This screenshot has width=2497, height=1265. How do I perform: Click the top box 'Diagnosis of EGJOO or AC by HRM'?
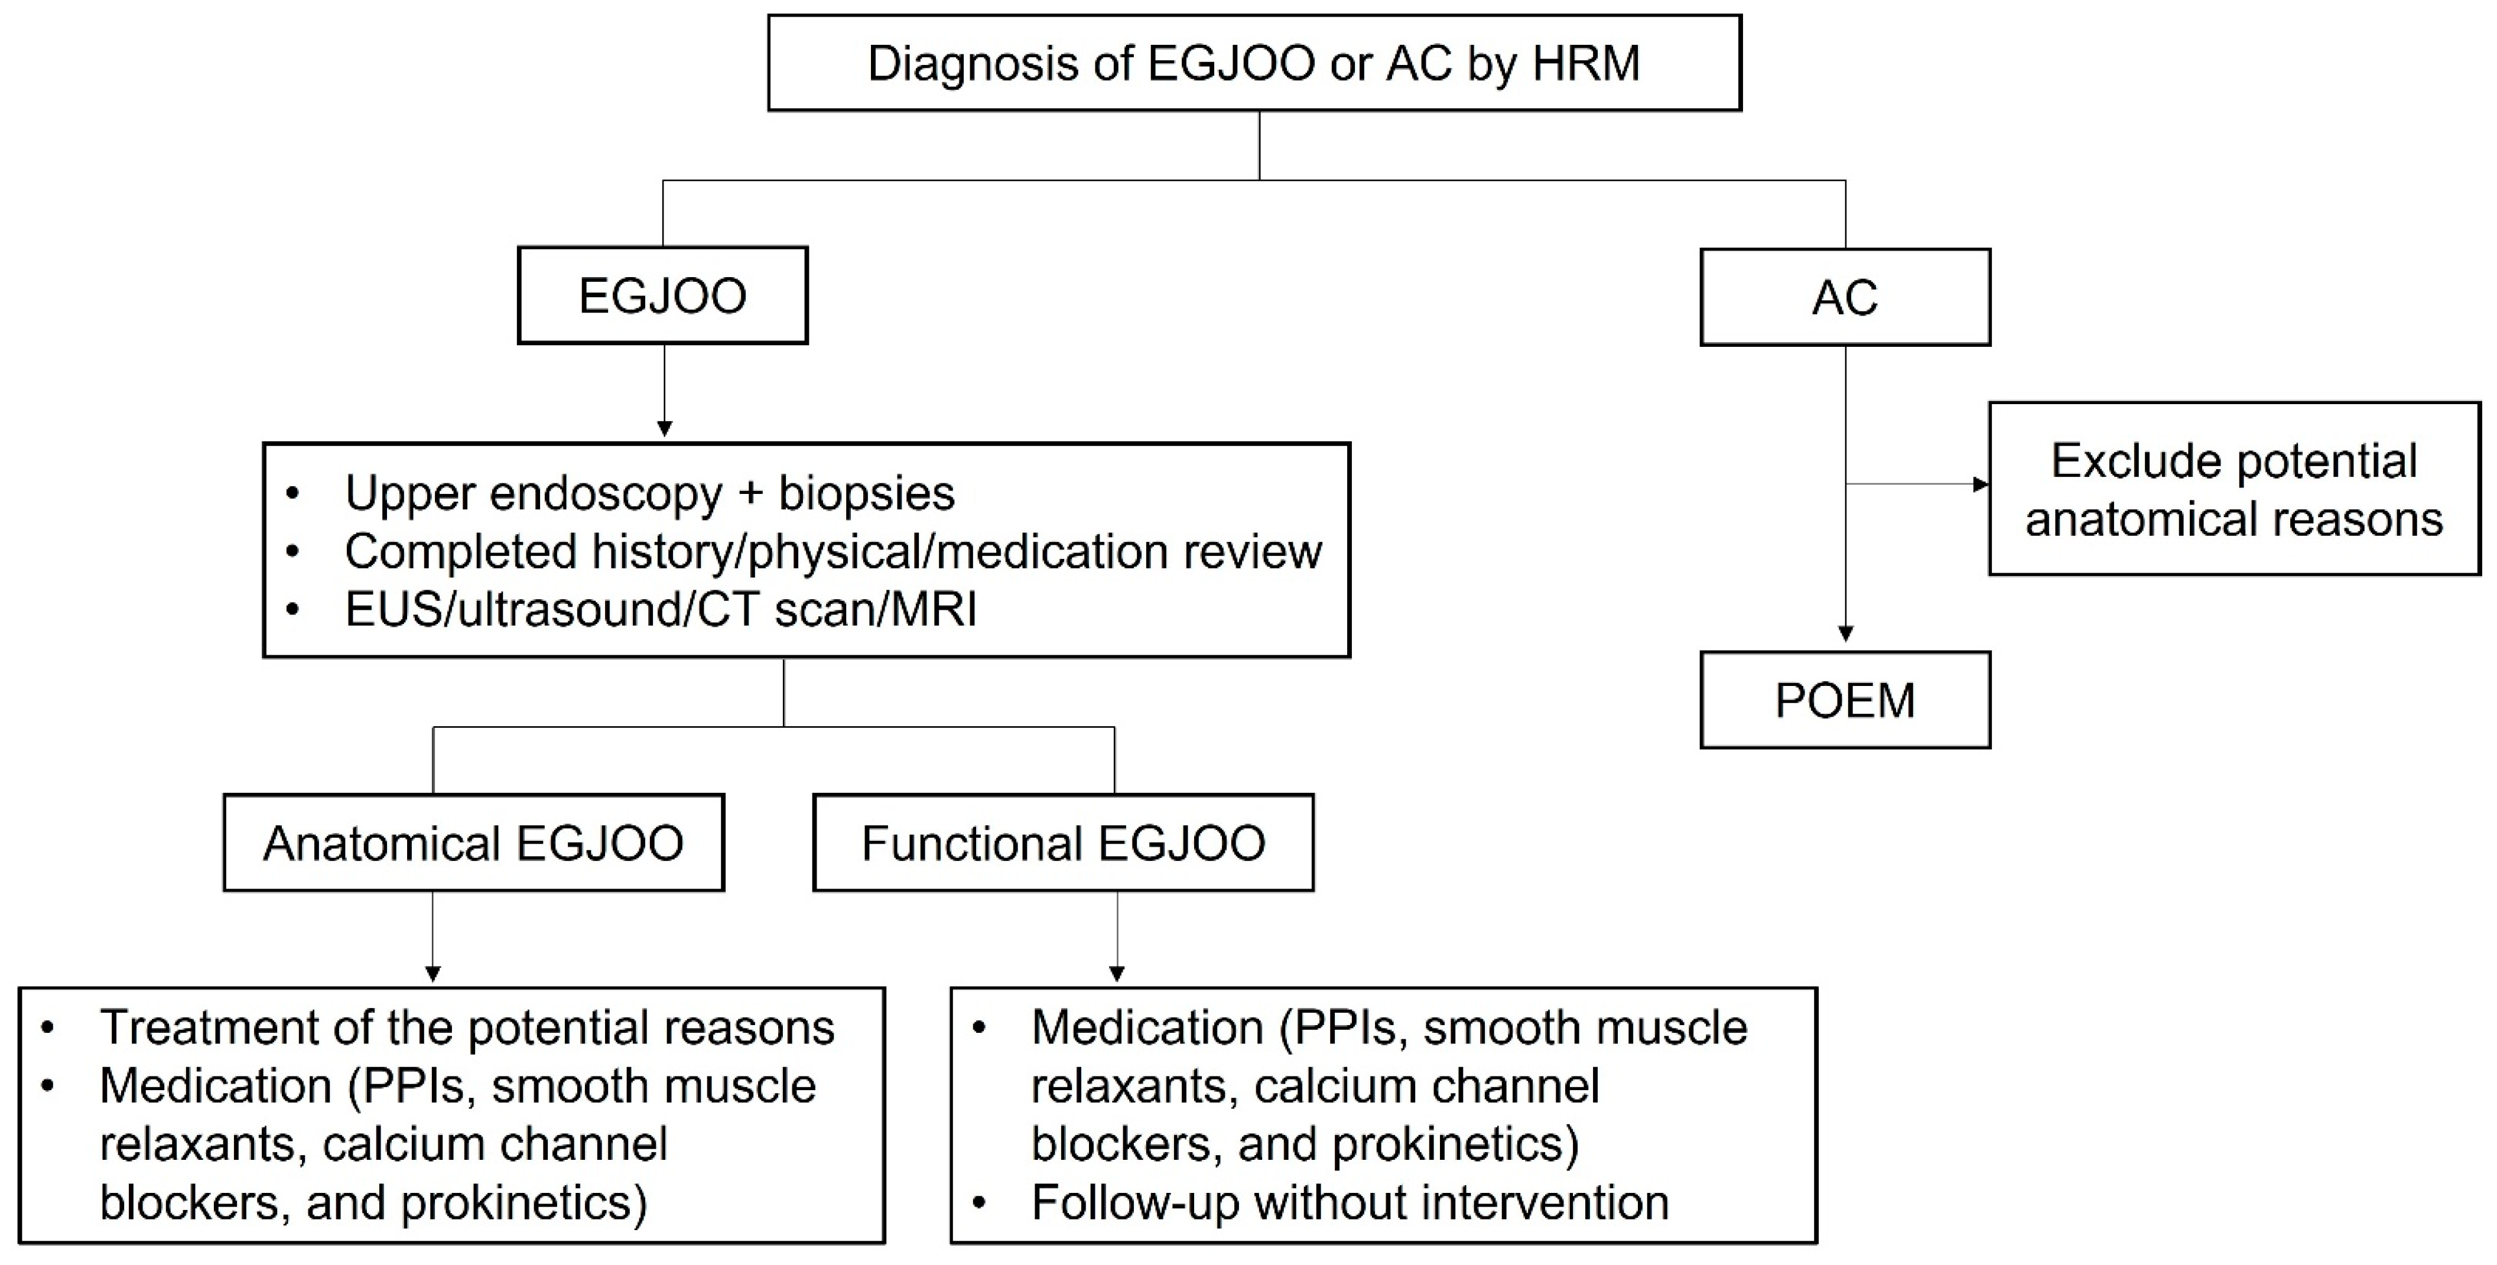1254,63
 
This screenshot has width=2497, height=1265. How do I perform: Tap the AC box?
1845,298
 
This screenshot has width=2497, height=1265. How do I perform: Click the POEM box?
1845,700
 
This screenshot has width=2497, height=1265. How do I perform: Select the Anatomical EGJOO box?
473,843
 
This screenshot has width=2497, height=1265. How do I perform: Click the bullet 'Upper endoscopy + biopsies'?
649,493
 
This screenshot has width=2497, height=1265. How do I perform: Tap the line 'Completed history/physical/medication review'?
833,552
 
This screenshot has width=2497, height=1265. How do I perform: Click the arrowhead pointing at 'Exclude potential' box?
1981,484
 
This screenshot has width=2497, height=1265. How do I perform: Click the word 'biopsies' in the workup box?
867,493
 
